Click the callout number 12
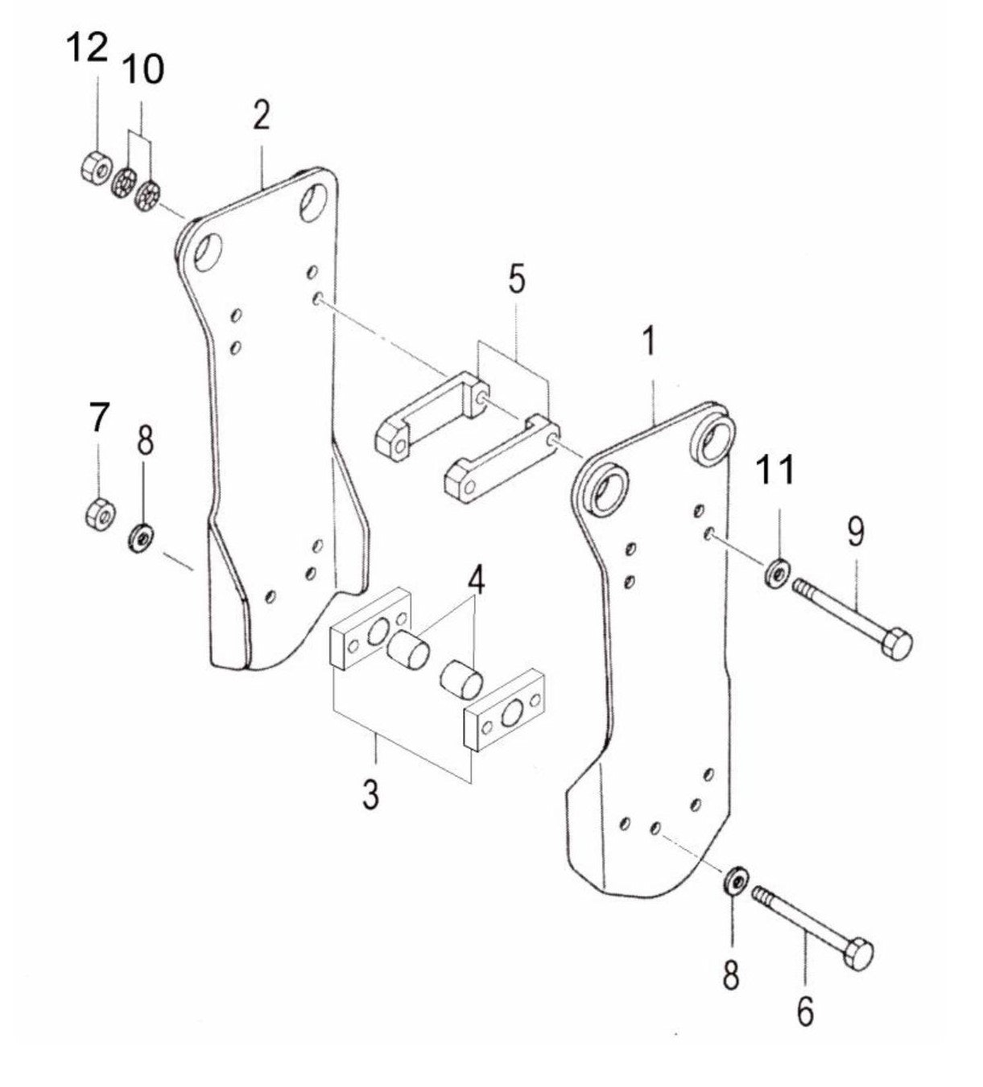click(87, 49)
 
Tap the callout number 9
click(855, 532)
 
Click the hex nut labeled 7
click(100, 511)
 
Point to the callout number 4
click(477, 578)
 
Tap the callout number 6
click(805, 1011)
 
